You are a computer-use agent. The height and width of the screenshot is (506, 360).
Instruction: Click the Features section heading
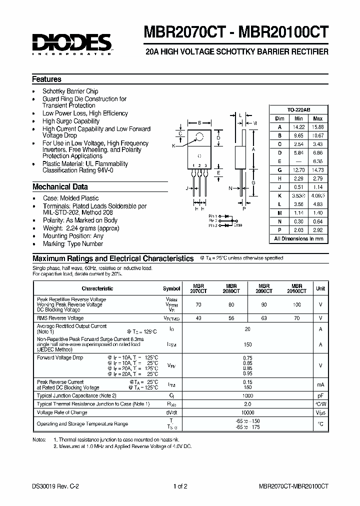47,79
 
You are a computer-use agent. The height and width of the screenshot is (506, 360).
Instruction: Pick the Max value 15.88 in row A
317,127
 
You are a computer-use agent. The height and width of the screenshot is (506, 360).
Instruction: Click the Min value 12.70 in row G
298,170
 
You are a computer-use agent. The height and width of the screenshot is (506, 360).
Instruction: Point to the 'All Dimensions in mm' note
298,238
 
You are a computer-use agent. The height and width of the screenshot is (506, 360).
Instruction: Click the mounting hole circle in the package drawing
200,136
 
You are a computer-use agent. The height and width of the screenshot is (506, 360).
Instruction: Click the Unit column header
320,288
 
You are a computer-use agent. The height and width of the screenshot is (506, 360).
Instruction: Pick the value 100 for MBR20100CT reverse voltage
297,304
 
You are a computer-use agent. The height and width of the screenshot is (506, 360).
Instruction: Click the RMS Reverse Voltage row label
60,318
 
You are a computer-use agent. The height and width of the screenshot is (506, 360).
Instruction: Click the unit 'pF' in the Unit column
320,395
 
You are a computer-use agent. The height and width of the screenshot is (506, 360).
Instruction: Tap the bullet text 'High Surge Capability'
71,121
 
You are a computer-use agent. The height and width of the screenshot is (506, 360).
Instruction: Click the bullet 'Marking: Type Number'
72,244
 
